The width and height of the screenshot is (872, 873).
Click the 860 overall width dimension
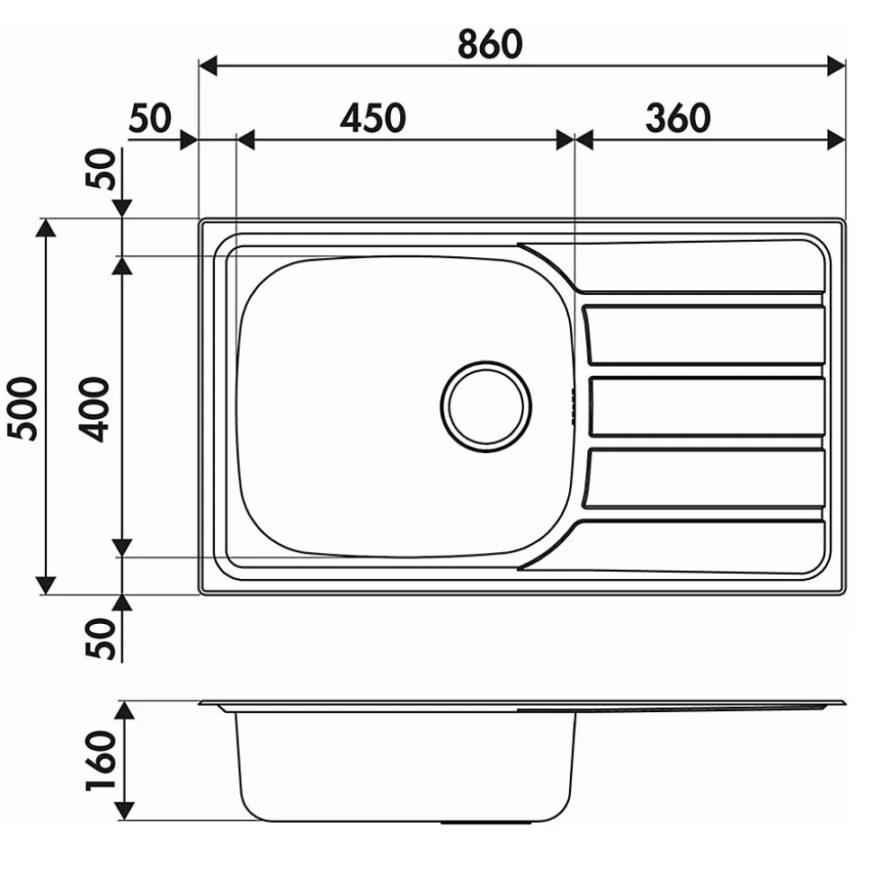[490, 45]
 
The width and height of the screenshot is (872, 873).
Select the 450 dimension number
[373, 118]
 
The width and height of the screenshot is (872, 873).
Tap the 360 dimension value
[678, 118]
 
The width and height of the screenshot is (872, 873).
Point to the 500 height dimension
[22, 409]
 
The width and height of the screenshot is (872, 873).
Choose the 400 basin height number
[94, 409]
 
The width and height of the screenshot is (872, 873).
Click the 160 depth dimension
[102, 761]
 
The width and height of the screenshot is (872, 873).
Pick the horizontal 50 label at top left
[150, 118]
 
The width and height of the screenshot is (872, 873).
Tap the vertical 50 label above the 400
[101, 169]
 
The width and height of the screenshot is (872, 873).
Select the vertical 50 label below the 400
[101, 638]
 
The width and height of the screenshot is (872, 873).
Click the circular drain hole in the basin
[485, 405]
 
